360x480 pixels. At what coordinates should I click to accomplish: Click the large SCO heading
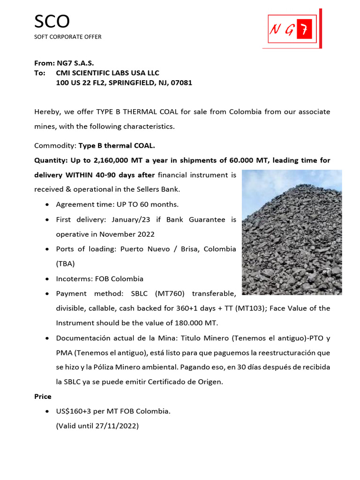click(52, 22)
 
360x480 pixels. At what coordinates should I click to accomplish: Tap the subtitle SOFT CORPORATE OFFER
click(67, 37)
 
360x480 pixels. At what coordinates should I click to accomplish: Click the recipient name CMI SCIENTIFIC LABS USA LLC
click(107, 73)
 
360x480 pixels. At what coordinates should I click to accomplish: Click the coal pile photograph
click(292, 232)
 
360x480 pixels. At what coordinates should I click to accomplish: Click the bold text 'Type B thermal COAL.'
click(116, 146)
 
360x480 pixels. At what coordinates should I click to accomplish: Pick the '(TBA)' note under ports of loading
click(65, 263)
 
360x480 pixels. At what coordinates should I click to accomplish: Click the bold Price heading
click(43, 396)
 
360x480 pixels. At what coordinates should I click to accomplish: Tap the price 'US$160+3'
click(73, 411)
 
